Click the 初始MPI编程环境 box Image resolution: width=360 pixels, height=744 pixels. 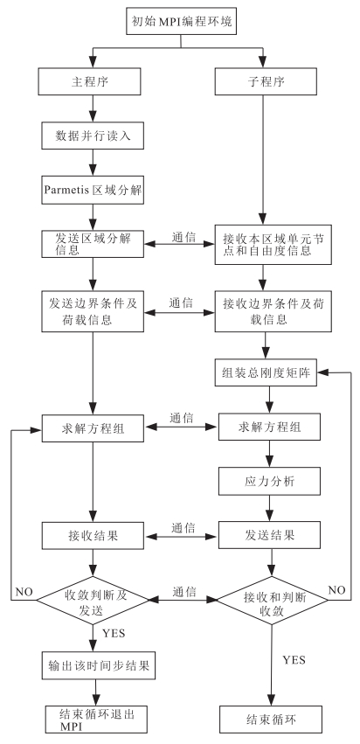coord(181,21)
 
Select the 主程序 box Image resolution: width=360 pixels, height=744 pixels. coord(91,81)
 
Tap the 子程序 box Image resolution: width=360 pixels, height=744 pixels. coord(267,81)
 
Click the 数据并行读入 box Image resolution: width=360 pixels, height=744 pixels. coord(93,136)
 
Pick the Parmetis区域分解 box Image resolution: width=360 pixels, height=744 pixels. coord(93,191)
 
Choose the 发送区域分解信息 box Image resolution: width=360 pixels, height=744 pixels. coord(93,245)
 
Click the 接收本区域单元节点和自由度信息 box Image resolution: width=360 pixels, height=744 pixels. coord(273,245)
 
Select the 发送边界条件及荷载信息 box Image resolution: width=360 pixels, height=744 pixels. coord(93,311)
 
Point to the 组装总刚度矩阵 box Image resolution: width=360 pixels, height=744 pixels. coord(267,373)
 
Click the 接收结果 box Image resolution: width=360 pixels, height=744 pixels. coord(93,536)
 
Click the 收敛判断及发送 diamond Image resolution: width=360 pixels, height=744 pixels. coord(93,601)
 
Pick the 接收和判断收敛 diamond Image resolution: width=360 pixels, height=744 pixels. coord(273,601)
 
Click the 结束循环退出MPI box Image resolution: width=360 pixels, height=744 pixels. coord(96,720)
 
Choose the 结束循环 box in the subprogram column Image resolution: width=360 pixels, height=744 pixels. coord(271,720)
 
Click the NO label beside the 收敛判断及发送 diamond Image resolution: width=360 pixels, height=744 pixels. coord(24,592)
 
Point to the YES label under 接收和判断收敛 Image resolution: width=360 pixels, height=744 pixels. coord(294,659)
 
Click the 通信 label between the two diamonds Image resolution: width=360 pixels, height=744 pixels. coord(184,592)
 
